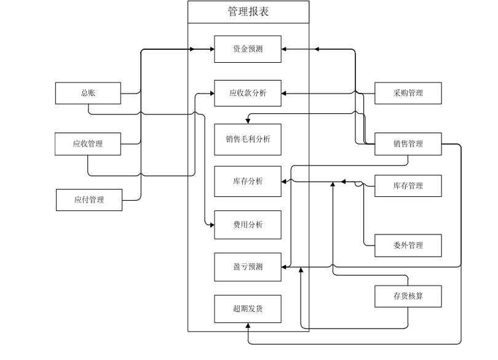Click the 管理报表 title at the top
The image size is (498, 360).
[248, 12]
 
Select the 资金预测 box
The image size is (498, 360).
[248, 49]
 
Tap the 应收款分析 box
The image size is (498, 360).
[248, 94]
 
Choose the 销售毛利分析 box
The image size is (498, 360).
[248, 139]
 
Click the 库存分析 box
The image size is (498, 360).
[248, 182]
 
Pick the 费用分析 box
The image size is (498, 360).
[248, 225]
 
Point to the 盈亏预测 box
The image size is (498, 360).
[248, 267]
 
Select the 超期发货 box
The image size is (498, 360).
[248, 309]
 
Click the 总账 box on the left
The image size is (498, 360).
[89, 94]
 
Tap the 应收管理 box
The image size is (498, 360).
[89, 144]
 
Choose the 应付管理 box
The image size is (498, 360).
[89, 199]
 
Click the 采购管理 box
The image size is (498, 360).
[408, 94]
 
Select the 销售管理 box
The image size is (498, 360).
[408, 144]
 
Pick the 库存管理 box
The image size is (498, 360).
[408, 186]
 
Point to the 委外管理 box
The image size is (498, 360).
[408, 246]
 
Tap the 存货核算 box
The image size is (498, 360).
[408, 296]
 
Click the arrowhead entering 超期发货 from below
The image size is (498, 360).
[248, 326]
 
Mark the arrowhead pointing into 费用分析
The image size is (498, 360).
[211, 225]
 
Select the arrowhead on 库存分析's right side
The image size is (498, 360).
[285, 182]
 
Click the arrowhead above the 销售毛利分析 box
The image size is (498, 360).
[248, 121]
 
